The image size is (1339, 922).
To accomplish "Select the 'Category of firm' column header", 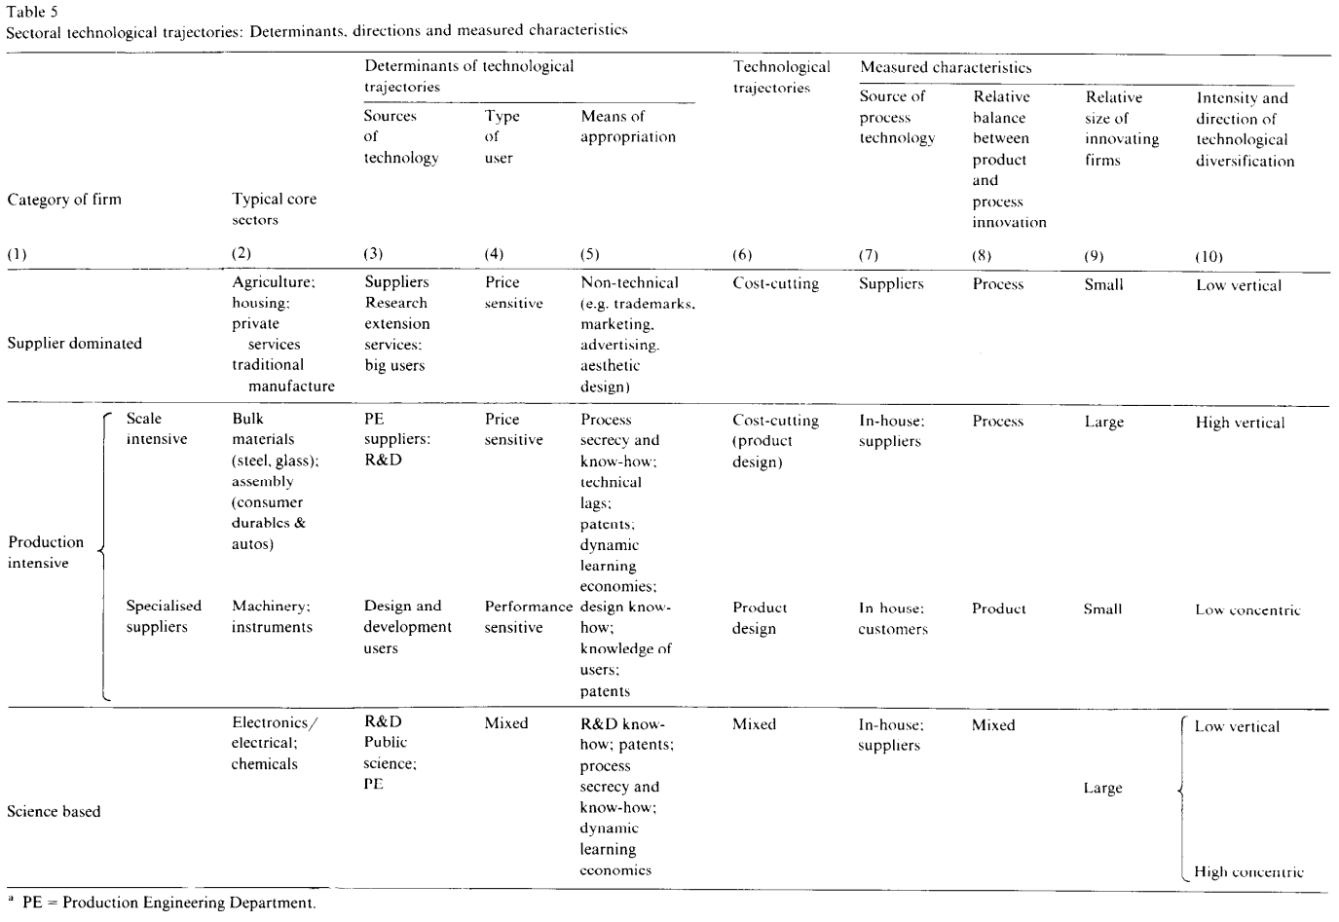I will [x=64, y=200].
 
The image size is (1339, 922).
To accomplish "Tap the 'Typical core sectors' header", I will [x=274, y=209].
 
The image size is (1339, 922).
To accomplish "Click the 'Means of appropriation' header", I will [x=627, y=127].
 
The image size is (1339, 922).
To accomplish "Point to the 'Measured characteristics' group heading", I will [x=945, y=67].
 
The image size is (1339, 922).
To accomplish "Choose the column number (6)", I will [x=743, y=255].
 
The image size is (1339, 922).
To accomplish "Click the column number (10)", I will [x=1209, y=256].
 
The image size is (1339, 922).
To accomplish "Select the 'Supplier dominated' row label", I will [x=74, y=343].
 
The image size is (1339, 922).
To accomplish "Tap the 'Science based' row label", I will [x=54, y=811].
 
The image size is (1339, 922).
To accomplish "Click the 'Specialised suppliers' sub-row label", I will [x=163, y=616].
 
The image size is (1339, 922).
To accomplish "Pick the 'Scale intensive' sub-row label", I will [x=156, y=428].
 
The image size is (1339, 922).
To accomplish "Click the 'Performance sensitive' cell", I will [x=528, y=617].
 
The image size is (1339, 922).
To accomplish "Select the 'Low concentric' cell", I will [x=1247, y=609].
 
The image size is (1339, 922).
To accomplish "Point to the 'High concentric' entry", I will [x=1247, y=871].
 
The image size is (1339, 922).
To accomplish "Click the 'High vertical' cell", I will [x=1240, y=423].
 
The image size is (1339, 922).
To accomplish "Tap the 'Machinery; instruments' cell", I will [x=272, y=616].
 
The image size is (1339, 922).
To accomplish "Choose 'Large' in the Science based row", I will [x=1102, y=788].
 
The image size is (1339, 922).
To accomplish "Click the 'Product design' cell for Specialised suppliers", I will [x=759, y=617].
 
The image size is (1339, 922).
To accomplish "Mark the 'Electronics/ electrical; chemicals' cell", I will [x=275, y=743].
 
